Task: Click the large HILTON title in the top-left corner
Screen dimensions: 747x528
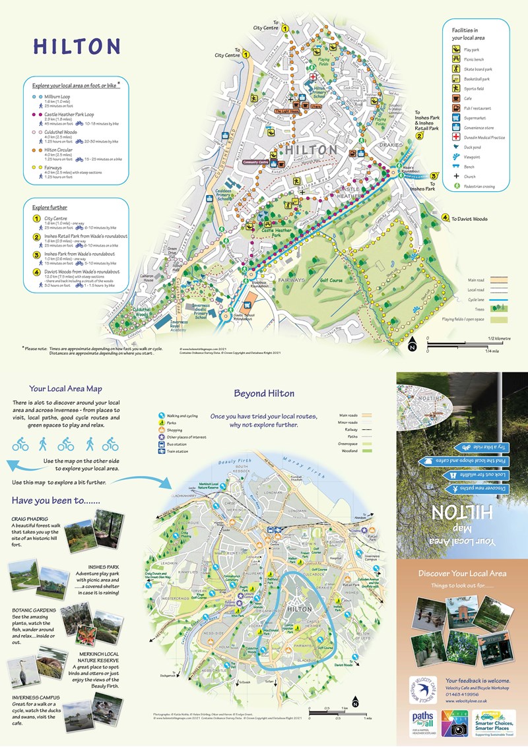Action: click(77, 46)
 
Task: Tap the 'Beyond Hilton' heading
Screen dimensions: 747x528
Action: click(264, 394)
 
